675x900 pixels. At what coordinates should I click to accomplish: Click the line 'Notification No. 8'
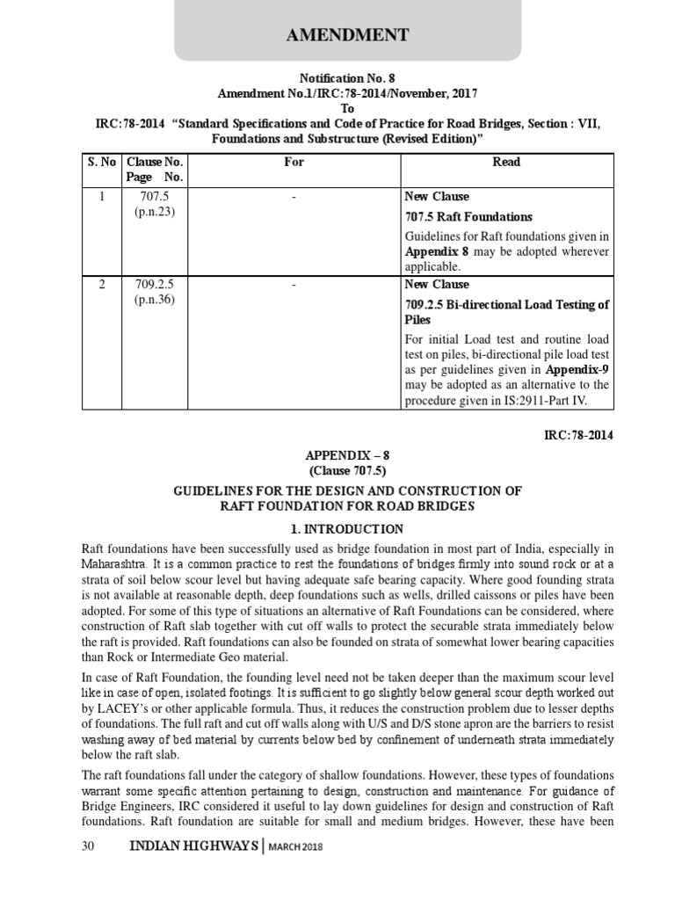click(x=337, y=77)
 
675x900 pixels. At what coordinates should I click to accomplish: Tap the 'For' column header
click(x=294, y=162)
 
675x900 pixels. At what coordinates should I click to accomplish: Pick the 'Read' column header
click(x=507, y=162)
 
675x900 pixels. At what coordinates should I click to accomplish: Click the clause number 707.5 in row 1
click(x=156, y=196)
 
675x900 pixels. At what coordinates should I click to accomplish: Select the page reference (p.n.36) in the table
click(x=156, y=300)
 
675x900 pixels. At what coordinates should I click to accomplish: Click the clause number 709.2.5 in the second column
click(x=156, y=285)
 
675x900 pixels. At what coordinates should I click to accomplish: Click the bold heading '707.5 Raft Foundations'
click(x=468, y=216)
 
